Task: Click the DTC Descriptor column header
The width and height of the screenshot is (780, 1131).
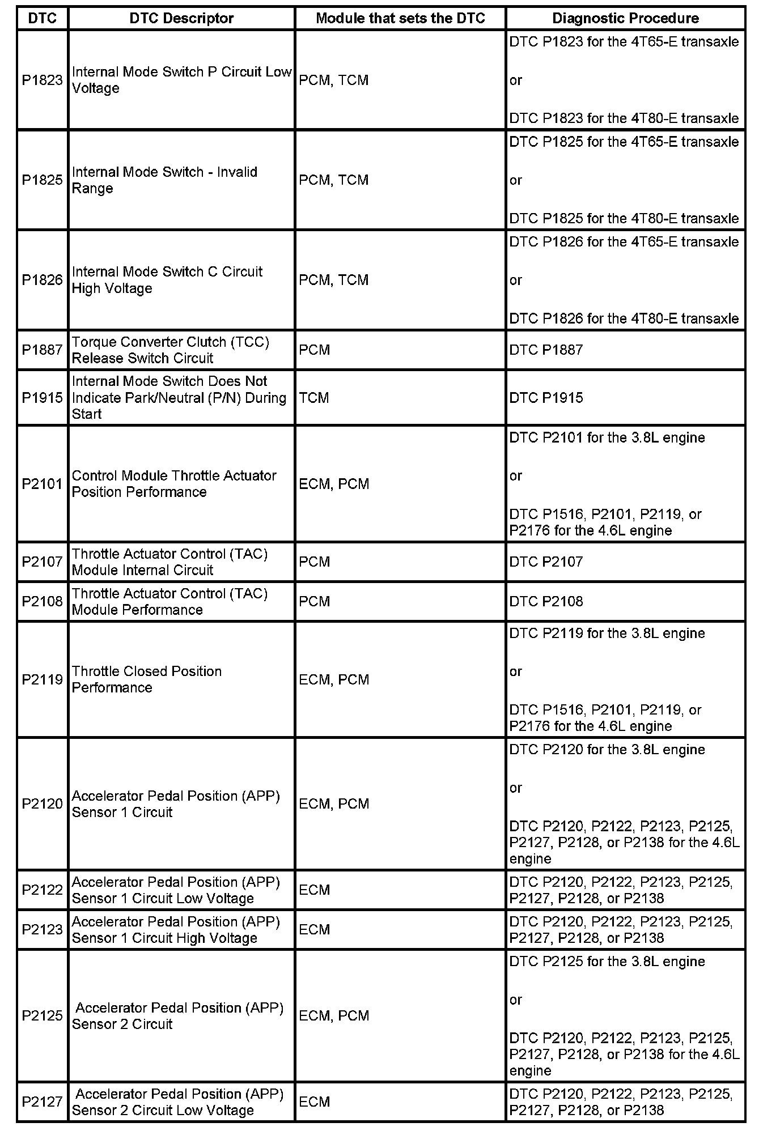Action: [x=181, y=18]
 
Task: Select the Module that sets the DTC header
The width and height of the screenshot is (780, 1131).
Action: [x=400, y=18]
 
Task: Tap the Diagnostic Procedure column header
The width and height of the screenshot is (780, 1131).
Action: [x=625, y=18]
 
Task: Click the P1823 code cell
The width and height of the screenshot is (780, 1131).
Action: [x=43, y=80]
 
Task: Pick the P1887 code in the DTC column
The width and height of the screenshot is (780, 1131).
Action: [x=43, y=350]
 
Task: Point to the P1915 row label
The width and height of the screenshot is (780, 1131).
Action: [x=43, y=398]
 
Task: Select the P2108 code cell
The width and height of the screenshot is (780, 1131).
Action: [x=43, y=601]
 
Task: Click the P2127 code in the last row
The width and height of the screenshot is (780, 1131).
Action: [x=43, y=1102]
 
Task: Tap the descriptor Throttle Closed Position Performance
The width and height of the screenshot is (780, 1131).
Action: [x=147, y=679]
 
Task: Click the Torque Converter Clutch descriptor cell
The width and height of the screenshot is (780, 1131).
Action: [x=170, y=350]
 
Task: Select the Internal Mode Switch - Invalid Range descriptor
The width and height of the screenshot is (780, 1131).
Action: [x=164, y=180]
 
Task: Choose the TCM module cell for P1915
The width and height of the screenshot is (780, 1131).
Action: [x=314, y=398]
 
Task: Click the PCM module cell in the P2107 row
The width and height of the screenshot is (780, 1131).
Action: [x=315, y=562]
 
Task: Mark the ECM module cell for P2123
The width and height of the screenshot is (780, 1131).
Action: [x=315, y=929]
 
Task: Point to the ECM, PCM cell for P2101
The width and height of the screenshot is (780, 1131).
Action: [x=334, y=484]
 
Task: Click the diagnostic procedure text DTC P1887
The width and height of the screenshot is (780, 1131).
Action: [x=546, y=350]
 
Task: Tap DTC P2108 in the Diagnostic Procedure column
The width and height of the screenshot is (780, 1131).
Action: [x=546, y=601]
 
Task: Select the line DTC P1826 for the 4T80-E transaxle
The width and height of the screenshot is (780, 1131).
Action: [x=624, y=318]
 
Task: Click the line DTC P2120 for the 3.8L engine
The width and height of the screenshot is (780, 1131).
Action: [x=607, y=750]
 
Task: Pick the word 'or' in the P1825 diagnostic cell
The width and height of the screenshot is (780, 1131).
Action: [x=516, y=180]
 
